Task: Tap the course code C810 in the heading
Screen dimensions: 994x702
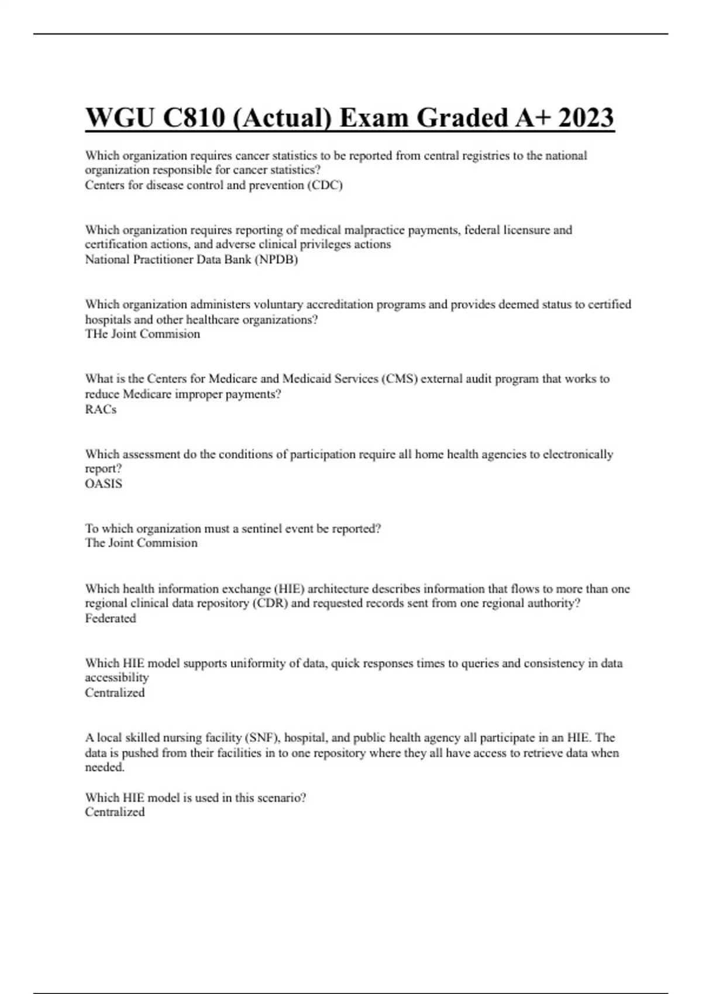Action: (194, 118)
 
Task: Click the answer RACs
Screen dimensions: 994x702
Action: (101, 409)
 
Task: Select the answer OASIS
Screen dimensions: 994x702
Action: (104, 484)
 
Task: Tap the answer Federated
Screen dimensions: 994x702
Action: (111, 618)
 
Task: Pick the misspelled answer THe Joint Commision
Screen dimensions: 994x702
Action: (143, 334)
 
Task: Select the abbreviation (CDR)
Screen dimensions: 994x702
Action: (270, 603)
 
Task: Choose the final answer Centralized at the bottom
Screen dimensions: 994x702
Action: (115, 812)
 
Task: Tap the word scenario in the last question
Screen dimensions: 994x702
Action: (280, 798)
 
